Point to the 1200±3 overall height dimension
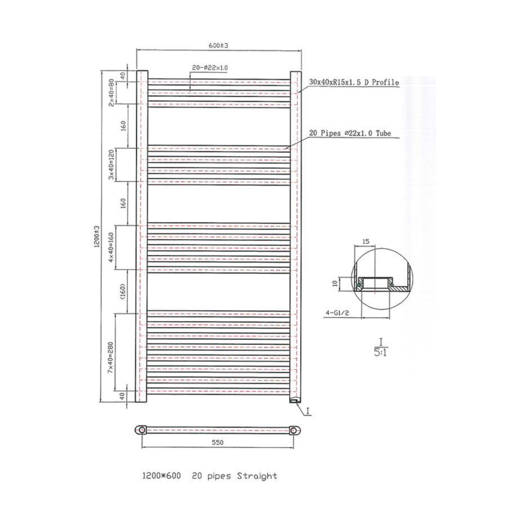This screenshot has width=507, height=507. click(97, 237)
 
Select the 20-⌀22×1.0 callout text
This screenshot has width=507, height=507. click(210, 68)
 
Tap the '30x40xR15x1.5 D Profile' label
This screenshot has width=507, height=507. click(354, 82)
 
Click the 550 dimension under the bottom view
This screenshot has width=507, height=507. click(218, 442)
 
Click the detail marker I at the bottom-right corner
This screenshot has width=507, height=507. click(308, 412)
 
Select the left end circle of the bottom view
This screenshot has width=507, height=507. click(142, 430)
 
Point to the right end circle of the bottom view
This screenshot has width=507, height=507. click(295, 430)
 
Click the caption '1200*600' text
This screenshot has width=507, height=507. click(161, 476)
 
